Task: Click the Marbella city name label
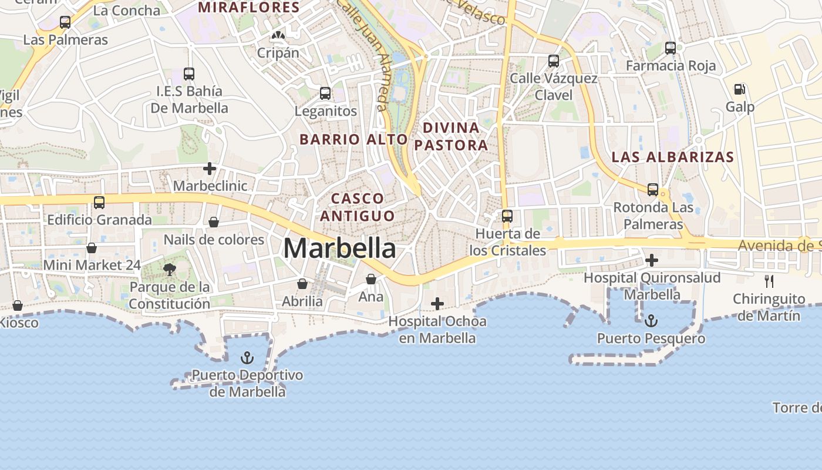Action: pos(339,248)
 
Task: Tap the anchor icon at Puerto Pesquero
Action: pos(651,321)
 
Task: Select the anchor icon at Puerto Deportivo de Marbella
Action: pos(248,357)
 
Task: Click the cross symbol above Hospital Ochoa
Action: pos(437,304)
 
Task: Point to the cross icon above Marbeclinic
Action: pos(210,169)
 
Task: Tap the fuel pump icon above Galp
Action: pos(740,89)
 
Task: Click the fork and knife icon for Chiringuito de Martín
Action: pos(769,281)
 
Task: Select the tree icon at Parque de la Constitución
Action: pos(170,270)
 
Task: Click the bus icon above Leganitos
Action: pos(325,93)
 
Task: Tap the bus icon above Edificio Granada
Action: pos(99,203)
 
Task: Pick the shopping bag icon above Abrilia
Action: pos(302,284)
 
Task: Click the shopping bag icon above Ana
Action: pos(371,279)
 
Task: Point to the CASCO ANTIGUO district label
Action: pos(357,207)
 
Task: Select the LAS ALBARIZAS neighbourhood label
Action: pos(673,157)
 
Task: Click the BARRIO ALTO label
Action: pos(353,139)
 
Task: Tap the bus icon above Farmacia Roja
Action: pos(671,48)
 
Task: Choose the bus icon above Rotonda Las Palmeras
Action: pos(653,190)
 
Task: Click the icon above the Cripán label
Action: pos(278,35)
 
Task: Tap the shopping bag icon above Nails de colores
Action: pos(214,222)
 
